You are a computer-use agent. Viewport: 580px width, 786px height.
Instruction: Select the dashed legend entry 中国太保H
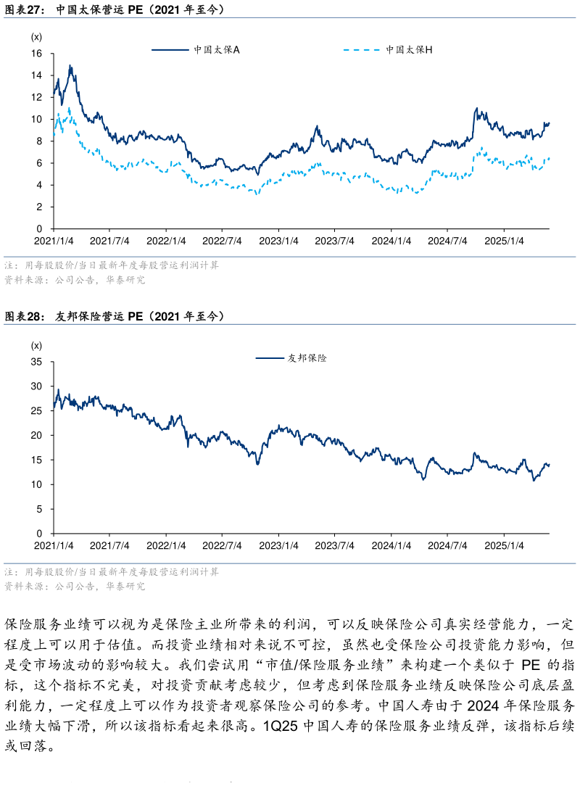pyautogui.click(x=409, y=50)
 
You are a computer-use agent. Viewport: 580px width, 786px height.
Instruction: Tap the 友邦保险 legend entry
pyautogui.click(x=307, y=357)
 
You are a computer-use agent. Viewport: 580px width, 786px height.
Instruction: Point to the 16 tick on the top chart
pyautogui.click(x=37, y=54)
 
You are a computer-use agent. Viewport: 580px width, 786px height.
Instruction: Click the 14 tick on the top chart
pyautogui.click(x=37, y=76)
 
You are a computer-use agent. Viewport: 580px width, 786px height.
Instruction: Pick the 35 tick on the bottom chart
pyautogui.click(x=37, y=362)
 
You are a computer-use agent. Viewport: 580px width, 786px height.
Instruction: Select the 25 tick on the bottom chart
pyautogui.click(x=37, y=411)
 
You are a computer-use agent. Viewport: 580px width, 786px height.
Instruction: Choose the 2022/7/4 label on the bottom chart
pyautogui.click(x=222, y=545)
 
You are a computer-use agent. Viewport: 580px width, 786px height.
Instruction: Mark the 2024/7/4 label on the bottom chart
pyautogui.click(x=447, y=545)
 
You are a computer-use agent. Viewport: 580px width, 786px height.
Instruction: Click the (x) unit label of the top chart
pyautogui.click(x=36, y=37)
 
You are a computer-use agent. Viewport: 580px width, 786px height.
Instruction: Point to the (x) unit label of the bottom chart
pyautogui.click(x=36, y=345)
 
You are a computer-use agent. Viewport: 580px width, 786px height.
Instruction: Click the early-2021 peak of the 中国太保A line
pyautogui.click(x=70, y=66)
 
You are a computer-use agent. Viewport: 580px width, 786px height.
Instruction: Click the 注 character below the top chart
pyautogui.click(x=9, y=266)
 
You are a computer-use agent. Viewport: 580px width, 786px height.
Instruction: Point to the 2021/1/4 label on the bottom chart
pyautogui.click(x=54, y=545)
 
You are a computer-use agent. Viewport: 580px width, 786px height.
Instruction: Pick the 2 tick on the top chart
pyautogui.click(x=40, y=207)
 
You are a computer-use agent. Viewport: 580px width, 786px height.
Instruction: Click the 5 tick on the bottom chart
pyautogui.click(x=40, y=510)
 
